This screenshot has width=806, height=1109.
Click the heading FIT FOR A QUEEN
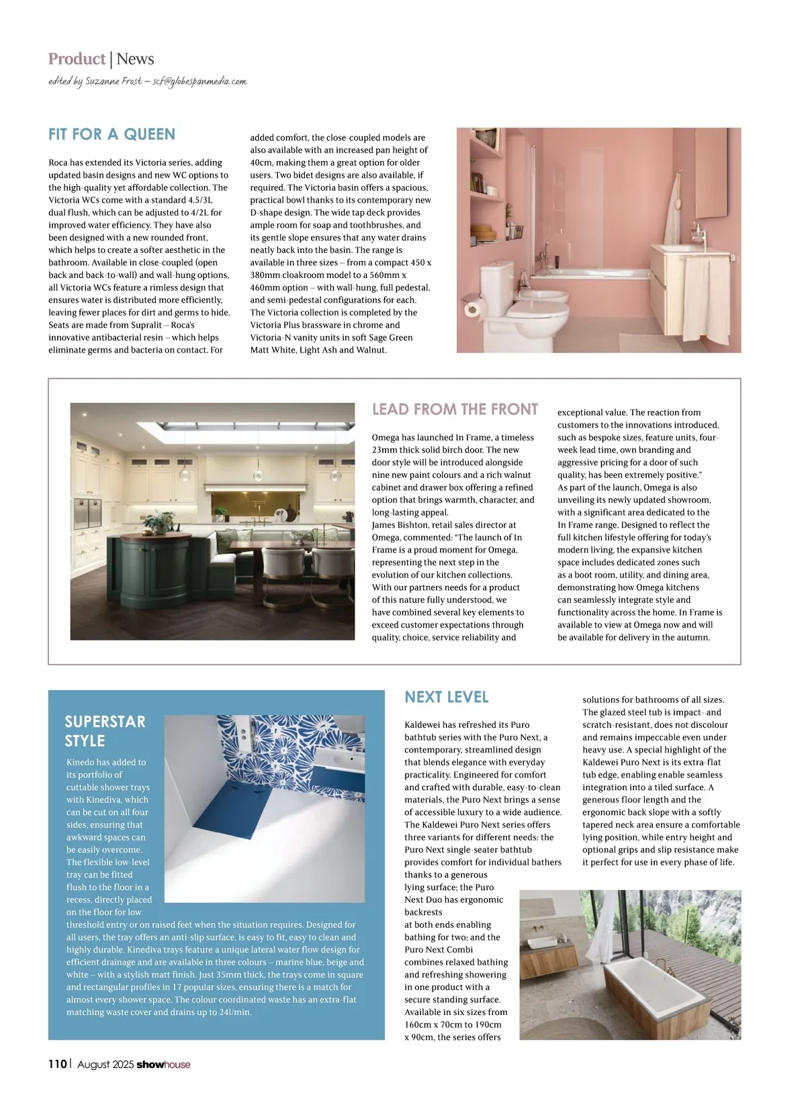coord(111,134)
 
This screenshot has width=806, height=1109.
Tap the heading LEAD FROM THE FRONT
coord(455,409)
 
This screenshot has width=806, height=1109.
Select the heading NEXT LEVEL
coord(446,697)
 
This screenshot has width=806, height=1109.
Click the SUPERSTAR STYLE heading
coord(105,731)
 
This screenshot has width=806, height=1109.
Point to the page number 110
coord(58,1064)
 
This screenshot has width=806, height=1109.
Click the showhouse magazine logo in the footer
coord(163,1064)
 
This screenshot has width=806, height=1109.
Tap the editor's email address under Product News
coord(199,81)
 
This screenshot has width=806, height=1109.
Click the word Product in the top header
coord(77,59)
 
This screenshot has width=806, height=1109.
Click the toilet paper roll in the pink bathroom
coord(472,309)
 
